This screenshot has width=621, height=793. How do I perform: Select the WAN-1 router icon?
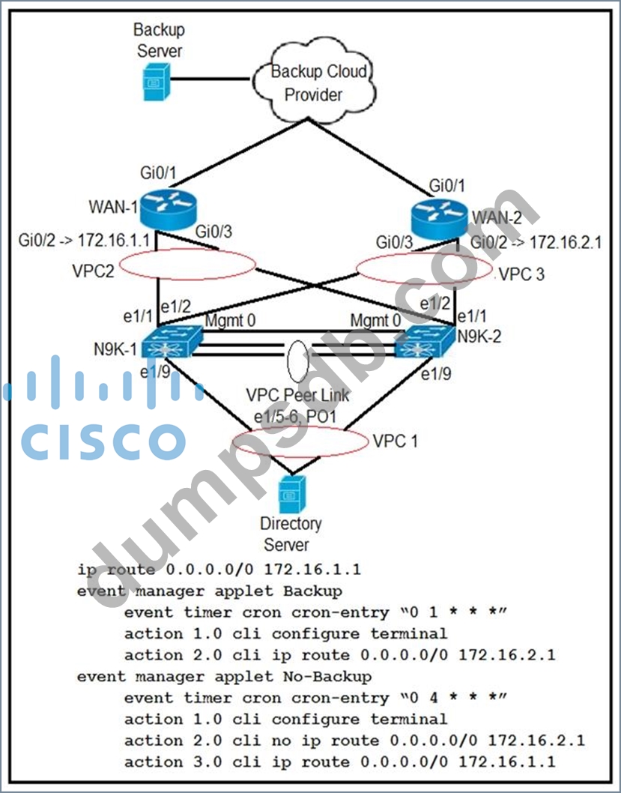(166, 211)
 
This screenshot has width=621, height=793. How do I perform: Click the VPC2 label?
(94, 270)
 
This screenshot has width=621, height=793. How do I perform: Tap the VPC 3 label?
(521, 273)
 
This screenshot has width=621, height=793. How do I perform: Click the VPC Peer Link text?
(298, 395)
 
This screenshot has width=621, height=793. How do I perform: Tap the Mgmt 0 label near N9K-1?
(230, 322)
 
